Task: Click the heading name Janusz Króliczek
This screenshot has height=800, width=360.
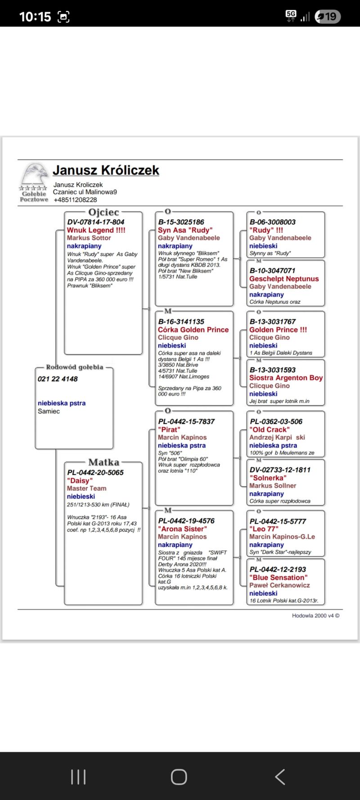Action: coord(106,170)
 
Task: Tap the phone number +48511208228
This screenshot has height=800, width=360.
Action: coord(75,200)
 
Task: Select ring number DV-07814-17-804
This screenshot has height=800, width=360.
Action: coord(96,222)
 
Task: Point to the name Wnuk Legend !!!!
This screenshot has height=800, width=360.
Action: coord(96,230)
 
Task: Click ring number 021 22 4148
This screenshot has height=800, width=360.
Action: coord(58,379)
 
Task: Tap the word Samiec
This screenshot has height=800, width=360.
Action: coord(49,411)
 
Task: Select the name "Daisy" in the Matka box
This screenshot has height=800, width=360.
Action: coord(80,480)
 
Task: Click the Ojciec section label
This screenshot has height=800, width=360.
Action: coord(103,212)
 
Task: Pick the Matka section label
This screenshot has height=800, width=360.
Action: coord(103,462)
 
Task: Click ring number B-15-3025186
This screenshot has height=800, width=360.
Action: coord(181,222)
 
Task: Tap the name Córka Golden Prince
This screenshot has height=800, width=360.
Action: coord(193,330)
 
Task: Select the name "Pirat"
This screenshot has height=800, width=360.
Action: coord(169,429)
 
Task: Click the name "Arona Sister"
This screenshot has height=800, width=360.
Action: coord(182,529)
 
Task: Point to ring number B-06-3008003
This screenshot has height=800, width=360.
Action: coord(273,222)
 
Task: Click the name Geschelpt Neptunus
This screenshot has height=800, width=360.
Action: coord(284,279)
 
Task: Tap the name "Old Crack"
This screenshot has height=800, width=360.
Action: coord(270,429)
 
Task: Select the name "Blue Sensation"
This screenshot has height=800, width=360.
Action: coord(279,578)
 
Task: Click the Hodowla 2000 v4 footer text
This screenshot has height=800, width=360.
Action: coord(315,615)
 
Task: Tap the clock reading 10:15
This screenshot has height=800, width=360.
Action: coord(35,17)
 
